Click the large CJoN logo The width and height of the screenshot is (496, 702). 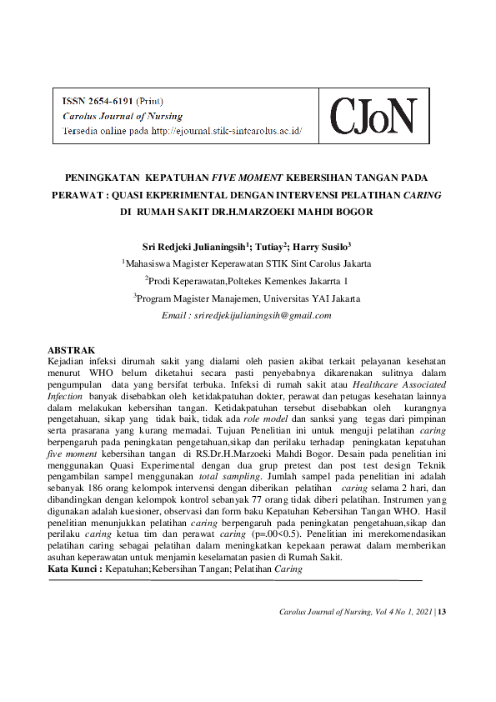(372, 116)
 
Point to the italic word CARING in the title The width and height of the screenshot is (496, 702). (423, 194)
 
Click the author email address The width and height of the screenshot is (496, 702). (248, 315)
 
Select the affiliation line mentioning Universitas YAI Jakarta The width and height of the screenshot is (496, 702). (248, 298)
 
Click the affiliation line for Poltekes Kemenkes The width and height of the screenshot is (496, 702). (248, 280)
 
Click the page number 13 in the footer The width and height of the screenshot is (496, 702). (443, 613)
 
